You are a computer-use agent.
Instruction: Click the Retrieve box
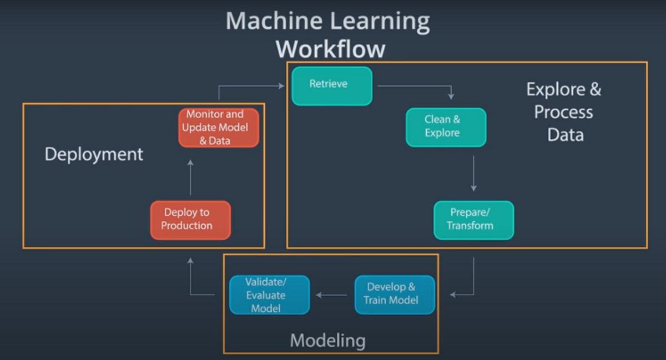click(x=332, y=85)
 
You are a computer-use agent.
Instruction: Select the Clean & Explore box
click(x=446, y=127)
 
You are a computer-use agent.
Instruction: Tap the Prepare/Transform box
click(x=473, y=220)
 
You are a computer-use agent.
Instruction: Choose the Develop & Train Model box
click(x=395, y=295)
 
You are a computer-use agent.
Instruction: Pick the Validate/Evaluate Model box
click(x=269, y=295)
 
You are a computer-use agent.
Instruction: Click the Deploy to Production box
click(x=190, y=220)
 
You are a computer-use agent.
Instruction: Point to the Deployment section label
click(x=94, y=154)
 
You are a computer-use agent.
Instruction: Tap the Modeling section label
click(x=327, y=340)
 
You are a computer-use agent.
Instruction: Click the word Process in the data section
click(x=563, y=112)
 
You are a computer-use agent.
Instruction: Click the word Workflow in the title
click(x=330, y=49)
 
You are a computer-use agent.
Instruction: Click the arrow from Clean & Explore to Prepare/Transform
click(x=473, y=173)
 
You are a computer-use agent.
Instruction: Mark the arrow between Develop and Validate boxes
click(x=332, y=295)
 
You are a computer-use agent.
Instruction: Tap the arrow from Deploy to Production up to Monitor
click(x=190, y=178)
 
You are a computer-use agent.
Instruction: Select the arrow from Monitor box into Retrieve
click(x=250, y=86)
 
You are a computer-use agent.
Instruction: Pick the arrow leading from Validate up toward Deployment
click(x=190, y=277)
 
